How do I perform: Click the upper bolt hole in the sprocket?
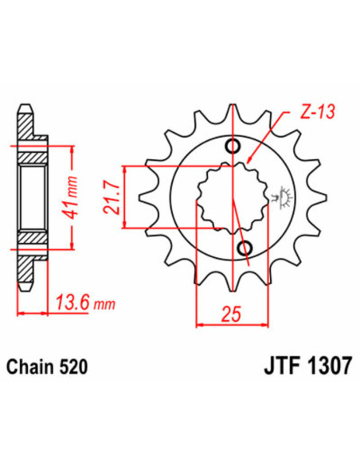233,145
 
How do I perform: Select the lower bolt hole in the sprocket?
245,246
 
